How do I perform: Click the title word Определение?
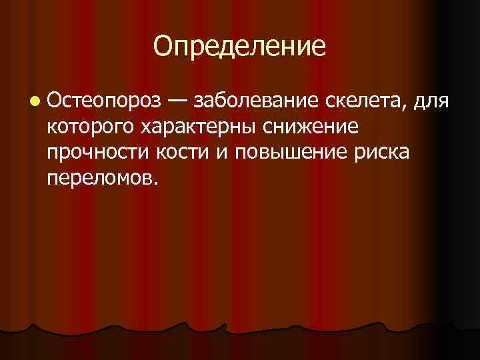pos(240,47)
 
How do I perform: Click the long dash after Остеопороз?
pos(177,101)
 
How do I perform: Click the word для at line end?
pos(431,102)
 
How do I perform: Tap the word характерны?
pos(193,127)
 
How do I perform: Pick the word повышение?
pos(284,153)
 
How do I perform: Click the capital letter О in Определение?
pos(162,47)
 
